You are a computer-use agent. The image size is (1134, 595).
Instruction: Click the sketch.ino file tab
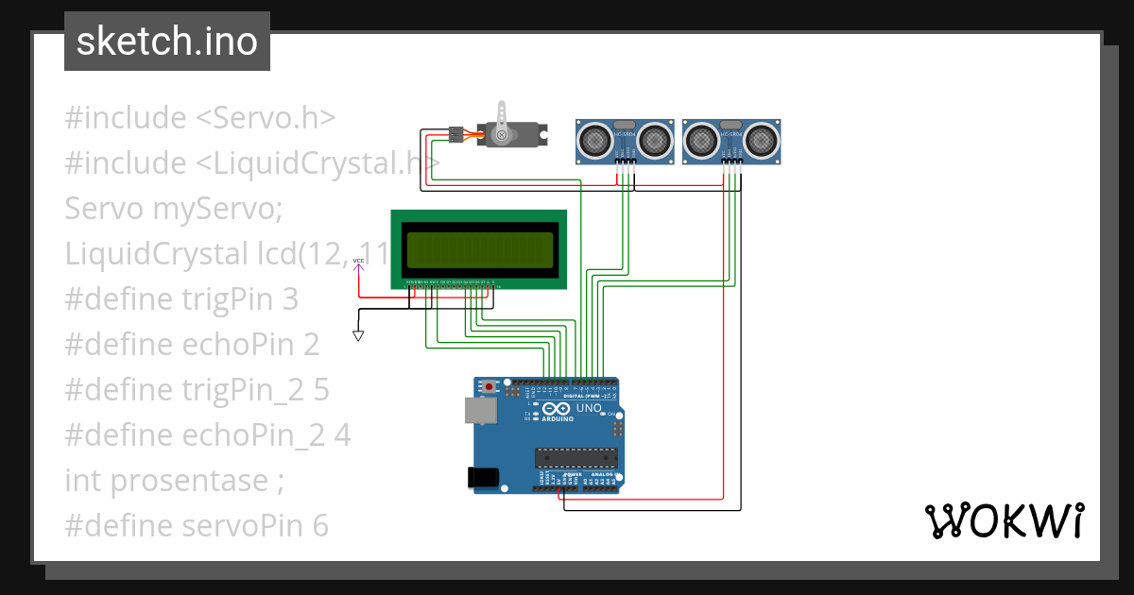167,42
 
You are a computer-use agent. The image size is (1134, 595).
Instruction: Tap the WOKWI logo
1004,520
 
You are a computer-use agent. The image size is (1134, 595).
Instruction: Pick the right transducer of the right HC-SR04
762,141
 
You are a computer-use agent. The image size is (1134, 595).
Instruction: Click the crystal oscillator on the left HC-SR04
625,125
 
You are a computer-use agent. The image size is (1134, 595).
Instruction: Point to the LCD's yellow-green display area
479,249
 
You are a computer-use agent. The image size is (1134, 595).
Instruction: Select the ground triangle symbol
358,335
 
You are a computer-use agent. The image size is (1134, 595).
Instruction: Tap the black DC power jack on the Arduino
485,478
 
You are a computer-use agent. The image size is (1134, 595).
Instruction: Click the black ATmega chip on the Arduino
576,458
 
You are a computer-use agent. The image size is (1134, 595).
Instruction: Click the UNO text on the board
589,407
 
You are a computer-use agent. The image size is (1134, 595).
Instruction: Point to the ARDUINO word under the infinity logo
558,418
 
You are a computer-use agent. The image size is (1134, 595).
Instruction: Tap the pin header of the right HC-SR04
731,162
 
